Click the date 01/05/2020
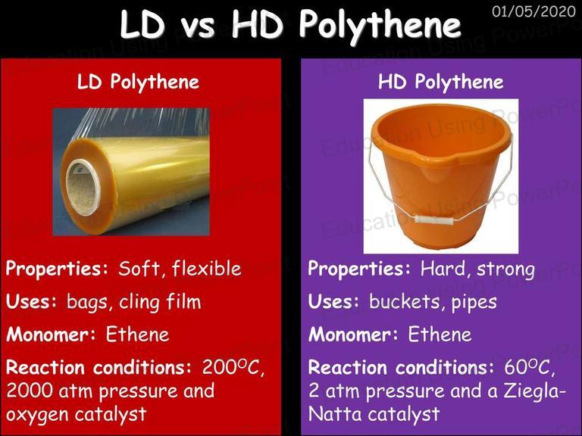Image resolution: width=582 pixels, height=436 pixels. pyautogui.click(x=533, y=11)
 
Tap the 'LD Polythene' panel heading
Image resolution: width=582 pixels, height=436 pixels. pyautogui.click(x=138, y=82)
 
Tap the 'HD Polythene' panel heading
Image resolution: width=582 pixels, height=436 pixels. pyautogui.click(x=440, y=82)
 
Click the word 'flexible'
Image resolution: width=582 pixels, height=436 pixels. pyautogui.click(x=206, y=269)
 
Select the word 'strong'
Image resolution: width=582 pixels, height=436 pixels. pyautogui.click(x=505, y=270)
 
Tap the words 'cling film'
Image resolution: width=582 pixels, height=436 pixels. pyautogui.click(x=160, y=302)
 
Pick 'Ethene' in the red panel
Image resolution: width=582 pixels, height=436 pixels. pyautogui.click(x=137, y=335)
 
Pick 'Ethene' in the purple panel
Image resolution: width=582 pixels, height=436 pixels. pyautogui.click(x=440, y=335)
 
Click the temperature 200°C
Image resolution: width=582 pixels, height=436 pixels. pyautogui.click(x=233, y=368)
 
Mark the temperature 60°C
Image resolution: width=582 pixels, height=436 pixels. pyautogui.click(x=530, y=368)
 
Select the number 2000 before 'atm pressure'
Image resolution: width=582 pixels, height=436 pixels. pyautogui.click(x=30, y=391)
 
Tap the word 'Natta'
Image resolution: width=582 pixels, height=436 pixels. pyautogui.click(x=336, y=414)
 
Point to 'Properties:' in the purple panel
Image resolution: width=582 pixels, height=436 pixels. pyautogui.click(x=359, y=269)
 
